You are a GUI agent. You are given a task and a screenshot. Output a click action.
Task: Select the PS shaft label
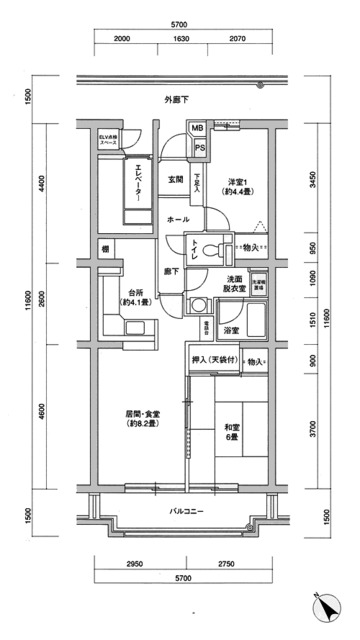coord(201,149)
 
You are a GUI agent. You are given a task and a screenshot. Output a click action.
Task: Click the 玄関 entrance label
coord(175,179)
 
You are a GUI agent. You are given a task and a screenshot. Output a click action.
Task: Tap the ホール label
coord(177,219)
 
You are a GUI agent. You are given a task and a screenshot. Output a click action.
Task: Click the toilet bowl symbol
coord(210,248)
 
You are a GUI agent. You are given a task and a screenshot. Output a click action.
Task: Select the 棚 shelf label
coord(104,248)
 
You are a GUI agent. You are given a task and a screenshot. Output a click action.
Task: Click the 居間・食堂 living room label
coord(142,418)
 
